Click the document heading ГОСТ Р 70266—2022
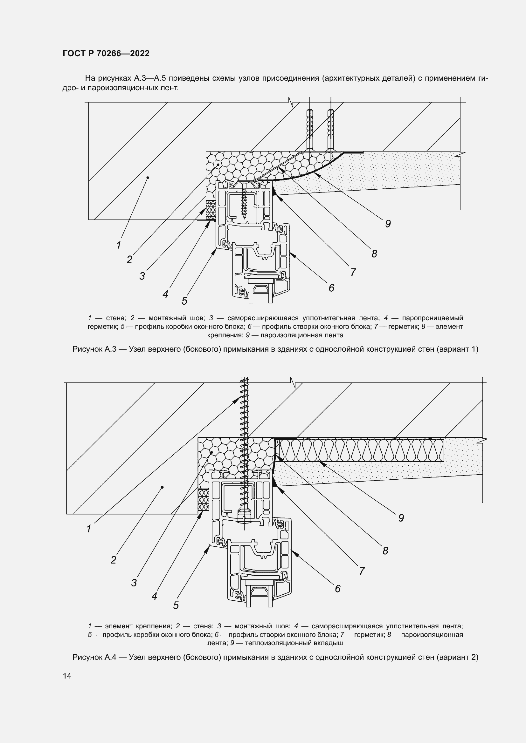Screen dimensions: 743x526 (106, 53)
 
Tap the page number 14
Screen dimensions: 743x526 (67, 676)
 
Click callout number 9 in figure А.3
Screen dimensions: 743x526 (388, 224)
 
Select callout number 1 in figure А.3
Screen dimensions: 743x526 (119, 245)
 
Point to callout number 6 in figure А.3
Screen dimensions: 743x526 (331, 288)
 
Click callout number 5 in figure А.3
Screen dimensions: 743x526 (184, 301)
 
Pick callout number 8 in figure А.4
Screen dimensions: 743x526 (385, 550)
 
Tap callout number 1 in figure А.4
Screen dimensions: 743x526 (89, 529)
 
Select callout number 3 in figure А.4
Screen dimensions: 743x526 (134, 583)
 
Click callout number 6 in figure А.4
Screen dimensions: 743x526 (337, 588)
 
